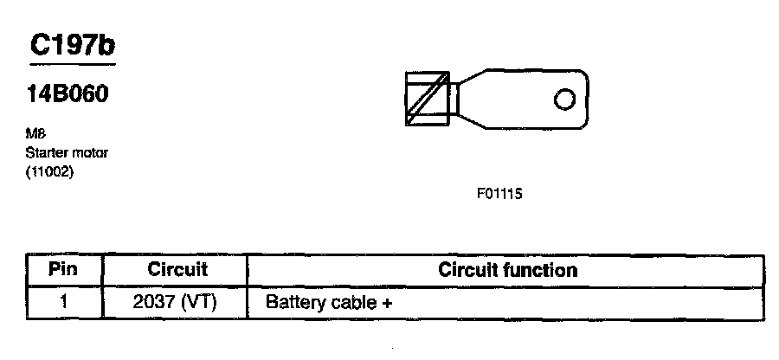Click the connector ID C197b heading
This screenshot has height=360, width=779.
pos(73,47)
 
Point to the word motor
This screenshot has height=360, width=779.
pos(87,153)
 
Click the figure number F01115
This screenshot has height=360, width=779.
pos(499,194)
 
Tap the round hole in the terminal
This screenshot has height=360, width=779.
pos(563,100)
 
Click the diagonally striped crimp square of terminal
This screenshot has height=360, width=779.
pos(428,100)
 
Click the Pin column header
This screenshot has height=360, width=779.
pos(63,269)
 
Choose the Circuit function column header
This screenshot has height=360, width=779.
pos(507,269)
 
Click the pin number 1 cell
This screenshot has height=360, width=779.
pos(63,303)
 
